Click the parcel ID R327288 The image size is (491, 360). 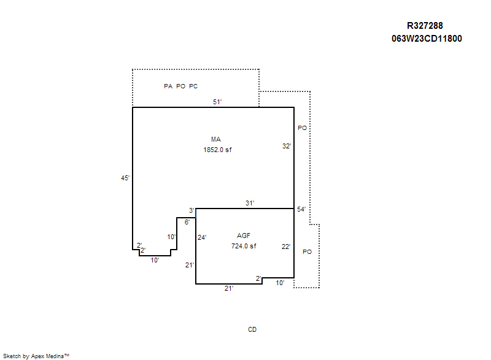[425, 26]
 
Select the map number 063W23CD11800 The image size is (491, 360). [427, 39]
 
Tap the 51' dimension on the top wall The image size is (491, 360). [217, 102]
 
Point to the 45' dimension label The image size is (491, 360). [125, 178]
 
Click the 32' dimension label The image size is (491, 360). [287, 146]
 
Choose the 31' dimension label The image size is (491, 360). [250, 203]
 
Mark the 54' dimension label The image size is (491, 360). [301, 209]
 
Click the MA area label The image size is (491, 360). [216, 139]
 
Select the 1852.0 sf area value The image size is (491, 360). [217, 150]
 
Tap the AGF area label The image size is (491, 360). [244, 236]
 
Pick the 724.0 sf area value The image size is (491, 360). [244, 246]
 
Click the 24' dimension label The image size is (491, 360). [202, 237]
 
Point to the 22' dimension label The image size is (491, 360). [286, 247]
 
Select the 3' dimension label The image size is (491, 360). [191, 210]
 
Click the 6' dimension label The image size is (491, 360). [187, 222]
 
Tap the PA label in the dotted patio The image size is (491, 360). [168, 86]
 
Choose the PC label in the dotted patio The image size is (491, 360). [193, 86]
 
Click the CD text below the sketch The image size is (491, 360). [252, 329]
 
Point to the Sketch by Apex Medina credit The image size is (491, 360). [36, 356]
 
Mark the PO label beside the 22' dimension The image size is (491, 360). [307, 252]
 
